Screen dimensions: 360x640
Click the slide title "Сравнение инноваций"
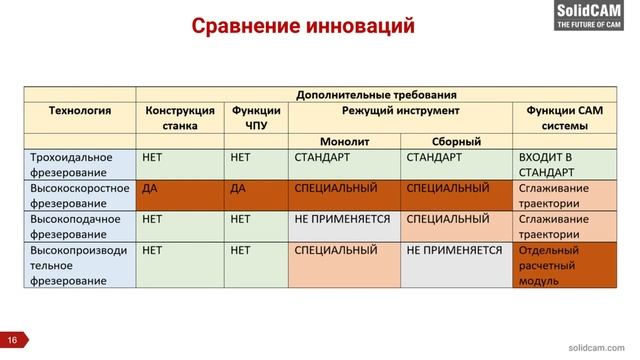click(303, 27)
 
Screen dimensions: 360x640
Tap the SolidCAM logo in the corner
click(596, 16)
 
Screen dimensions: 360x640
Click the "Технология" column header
click(79, 111)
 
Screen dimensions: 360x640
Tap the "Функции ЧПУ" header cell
click(255, 118)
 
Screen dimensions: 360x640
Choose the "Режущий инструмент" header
click(400, 111)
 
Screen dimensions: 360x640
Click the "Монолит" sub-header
click(344, 141)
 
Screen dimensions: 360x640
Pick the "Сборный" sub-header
click(457, 141)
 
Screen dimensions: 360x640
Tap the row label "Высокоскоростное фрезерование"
click(79, 195)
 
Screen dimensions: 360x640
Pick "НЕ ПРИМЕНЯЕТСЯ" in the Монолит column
click(344, 219)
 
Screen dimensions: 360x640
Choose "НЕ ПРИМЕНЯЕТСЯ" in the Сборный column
click(456, 250)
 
